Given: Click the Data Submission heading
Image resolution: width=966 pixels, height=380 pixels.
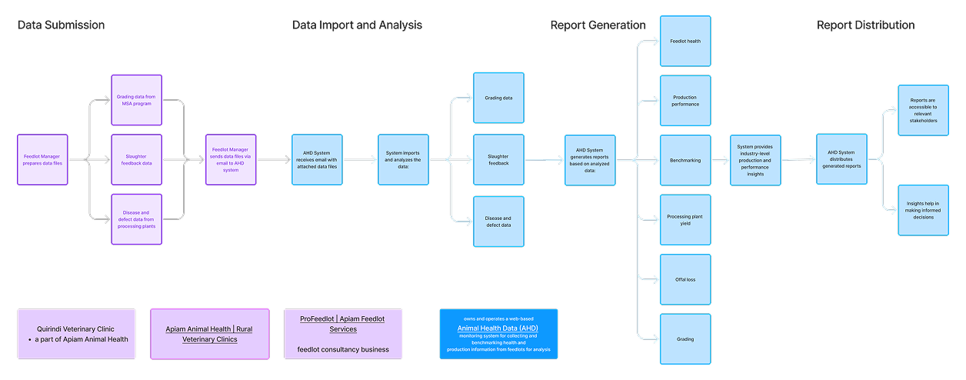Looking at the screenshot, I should (61, 25).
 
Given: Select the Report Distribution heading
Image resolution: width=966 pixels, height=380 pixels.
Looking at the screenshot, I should (865, 25).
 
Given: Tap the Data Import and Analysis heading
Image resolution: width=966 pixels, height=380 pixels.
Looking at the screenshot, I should (357, 25).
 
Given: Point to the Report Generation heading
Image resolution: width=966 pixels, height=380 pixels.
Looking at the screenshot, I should (598, 25).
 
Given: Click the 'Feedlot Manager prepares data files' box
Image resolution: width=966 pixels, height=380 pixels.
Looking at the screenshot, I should (42, 160).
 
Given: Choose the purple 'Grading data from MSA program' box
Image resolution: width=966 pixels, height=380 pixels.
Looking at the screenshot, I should (136, 100).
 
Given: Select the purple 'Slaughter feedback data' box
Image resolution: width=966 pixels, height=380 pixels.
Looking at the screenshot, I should (136, 159).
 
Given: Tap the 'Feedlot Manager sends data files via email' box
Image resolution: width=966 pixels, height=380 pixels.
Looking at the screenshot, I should (230, 160).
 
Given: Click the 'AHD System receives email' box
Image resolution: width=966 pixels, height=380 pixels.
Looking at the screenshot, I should (317, 160).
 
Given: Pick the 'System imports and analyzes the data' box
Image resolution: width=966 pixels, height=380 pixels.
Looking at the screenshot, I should (403, 160).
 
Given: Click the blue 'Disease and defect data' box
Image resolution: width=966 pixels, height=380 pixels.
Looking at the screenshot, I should (498, 222).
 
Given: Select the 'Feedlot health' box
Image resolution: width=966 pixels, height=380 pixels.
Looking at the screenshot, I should (685, 41).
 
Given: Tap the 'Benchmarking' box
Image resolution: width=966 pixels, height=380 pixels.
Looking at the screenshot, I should (685, 160).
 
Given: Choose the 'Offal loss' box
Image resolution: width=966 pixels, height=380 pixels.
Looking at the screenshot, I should (685, 279).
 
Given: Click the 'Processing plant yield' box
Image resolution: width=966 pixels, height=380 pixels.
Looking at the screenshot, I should (685, 220).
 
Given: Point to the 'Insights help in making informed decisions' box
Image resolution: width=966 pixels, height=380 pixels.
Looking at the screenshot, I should (923, 210).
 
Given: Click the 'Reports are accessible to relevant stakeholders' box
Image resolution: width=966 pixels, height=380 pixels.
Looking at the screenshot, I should (923, 110).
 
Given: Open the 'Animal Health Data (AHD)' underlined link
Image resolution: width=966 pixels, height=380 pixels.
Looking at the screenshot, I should (498, 328).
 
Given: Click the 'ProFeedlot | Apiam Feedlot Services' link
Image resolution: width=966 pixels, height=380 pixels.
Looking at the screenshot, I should (343, 323).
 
